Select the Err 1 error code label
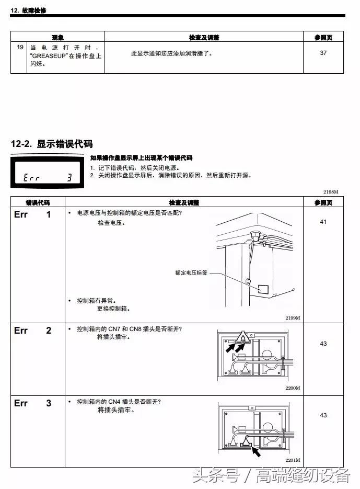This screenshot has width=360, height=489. (x=32, y=214)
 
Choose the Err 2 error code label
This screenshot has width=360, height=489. (x=32, y=331)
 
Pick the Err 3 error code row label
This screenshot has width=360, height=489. (x=32, y=403)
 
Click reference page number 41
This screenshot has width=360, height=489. (x=323, y=222)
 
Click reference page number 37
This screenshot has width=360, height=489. (x=323, y=53)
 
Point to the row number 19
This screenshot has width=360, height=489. (x=20, y=47)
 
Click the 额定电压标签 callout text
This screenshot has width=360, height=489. (x=192, y=272)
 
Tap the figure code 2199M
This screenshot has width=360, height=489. (x=293, y=318)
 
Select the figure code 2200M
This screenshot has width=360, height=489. (x=293, y=388)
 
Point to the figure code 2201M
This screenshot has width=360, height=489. (x=293, y=460)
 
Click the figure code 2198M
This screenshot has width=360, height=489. (x=331, y=192)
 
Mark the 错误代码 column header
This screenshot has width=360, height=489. (x=38, y=202)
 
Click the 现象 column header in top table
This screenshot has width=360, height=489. (x=57, y=38)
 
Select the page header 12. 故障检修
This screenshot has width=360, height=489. (x=28, y=10)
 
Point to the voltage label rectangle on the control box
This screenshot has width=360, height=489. (x=264, y=288)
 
